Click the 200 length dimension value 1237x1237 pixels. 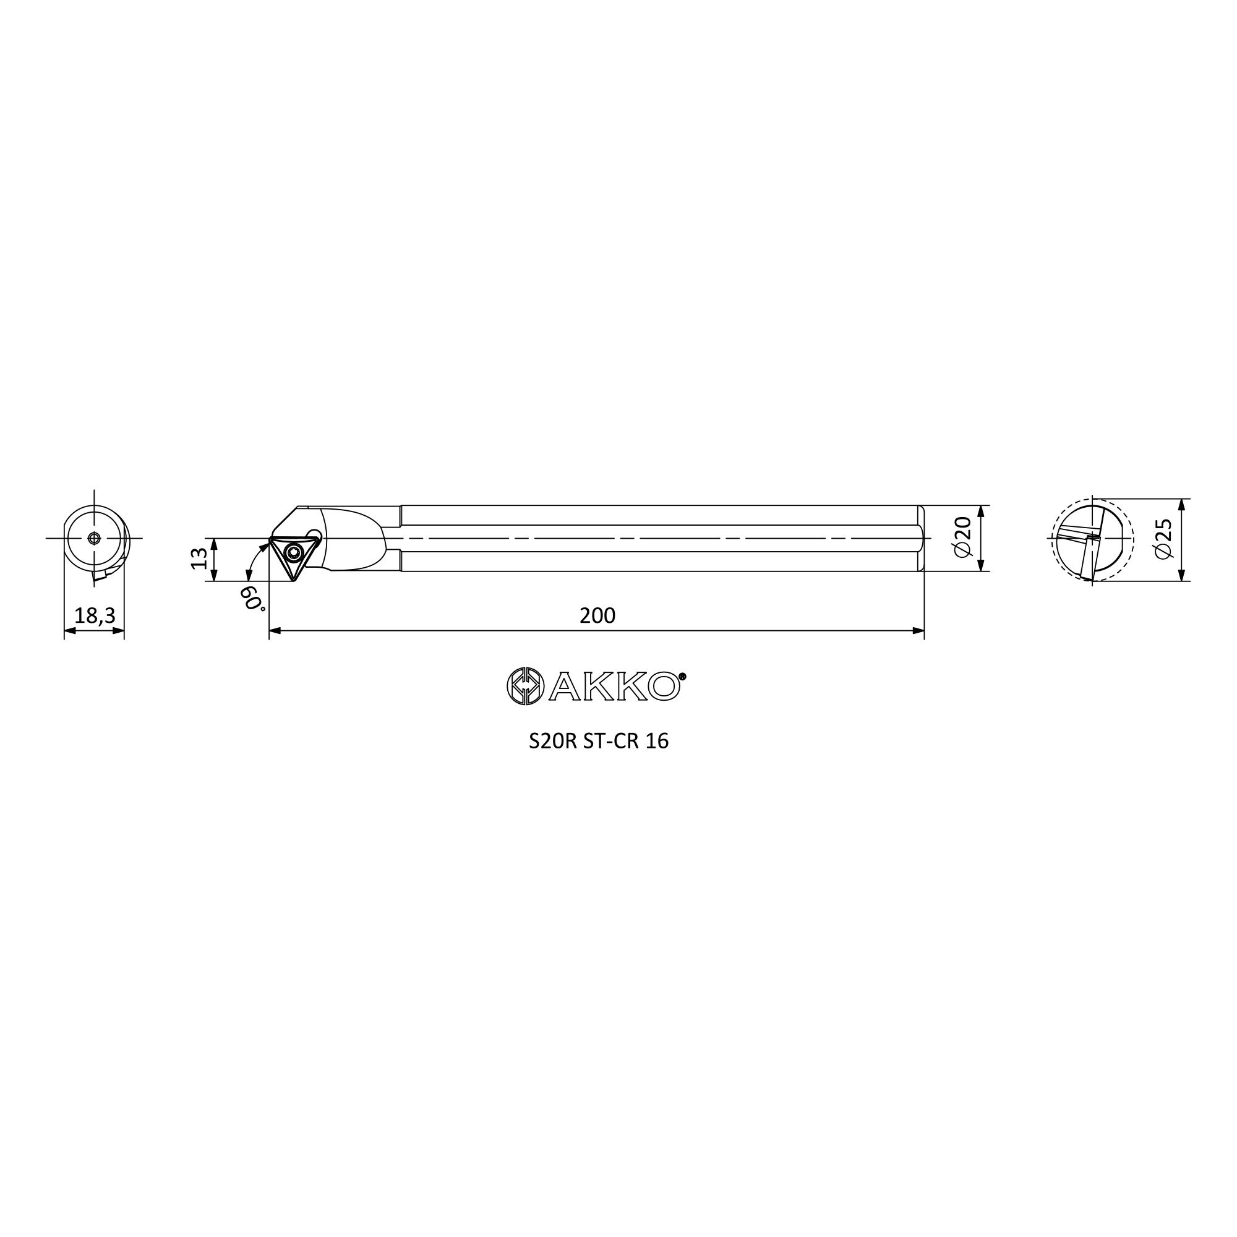(x=597, y=615)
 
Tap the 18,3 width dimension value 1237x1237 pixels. (x=95, y=615)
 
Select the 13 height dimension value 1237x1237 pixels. (x=200, y=559)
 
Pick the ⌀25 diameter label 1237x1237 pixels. (x=1163, y=539)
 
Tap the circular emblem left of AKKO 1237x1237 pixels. (x=526, y=687)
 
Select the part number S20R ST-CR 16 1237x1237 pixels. (x=599, y=741)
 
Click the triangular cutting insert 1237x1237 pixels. (x=293, y=555)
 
